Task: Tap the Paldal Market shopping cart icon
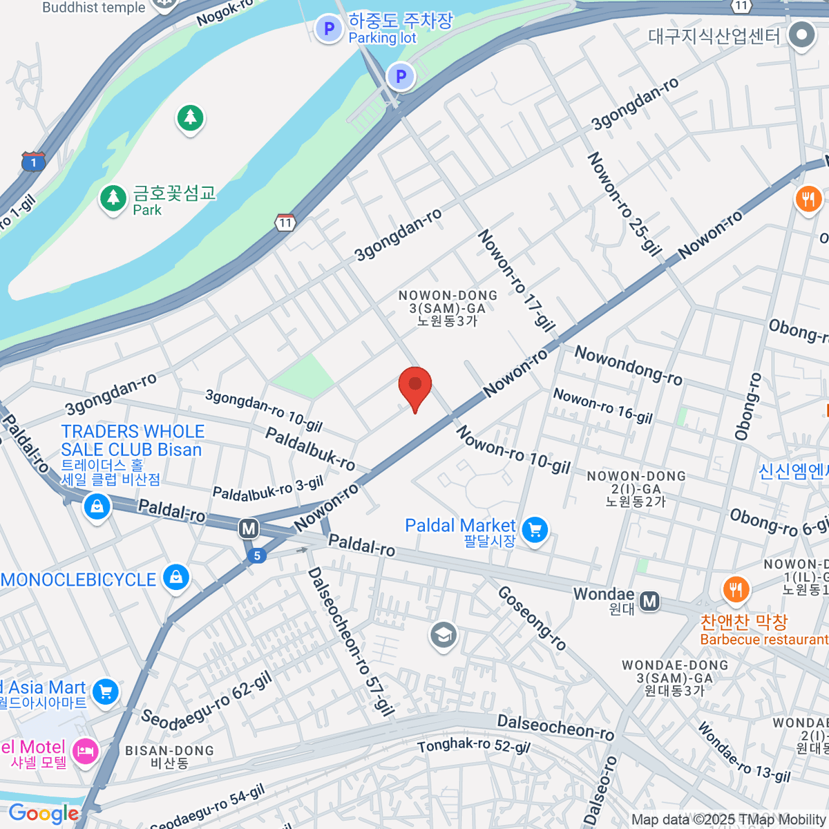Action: click(535, 531)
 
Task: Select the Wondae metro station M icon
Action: click(649, 602)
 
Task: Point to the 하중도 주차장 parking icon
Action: click(329, 29)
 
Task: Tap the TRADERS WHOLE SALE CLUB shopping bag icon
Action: click(97, 507)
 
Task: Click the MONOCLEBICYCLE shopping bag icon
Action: click(175, 578)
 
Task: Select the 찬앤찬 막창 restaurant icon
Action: click(735, 590)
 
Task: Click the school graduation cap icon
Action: click(443, 635)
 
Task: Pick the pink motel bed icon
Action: click(85, 751)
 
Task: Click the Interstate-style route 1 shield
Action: click(33, 162)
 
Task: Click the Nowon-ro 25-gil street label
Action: click(624, 204)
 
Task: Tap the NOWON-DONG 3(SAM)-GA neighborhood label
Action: click(448, 307)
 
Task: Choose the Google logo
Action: click(44, 814)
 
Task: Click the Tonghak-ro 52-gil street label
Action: click(474, 745)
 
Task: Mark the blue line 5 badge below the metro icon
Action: click(256, 555)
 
